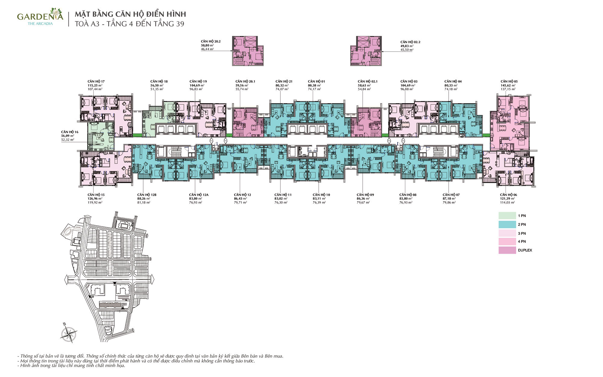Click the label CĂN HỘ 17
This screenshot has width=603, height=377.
96,81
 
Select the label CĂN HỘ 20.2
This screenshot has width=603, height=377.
211,41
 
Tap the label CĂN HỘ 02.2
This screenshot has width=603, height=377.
410,42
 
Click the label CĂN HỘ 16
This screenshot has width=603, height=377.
70,132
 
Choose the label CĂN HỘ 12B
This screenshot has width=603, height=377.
147,195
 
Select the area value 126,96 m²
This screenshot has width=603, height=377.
95,198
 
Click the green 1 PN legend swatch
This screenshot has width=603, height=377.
507,216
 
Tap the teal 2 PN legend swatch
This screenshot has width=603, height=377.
507,224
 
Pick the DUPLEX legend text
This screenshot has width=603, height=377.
525,250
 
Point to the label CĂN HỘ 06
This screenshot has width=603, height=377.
508,195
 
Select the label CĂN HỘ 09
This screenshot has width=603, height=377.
365,195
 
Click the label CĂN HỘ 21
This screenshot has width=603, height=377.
284,81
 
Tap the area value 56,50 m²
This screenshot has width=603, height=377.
157,85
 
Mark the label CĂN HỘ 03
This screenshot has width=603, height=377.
409,81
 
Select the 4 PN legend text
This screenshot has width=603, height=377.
522,242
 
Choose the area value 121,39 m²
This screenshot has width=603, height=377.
507,198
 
